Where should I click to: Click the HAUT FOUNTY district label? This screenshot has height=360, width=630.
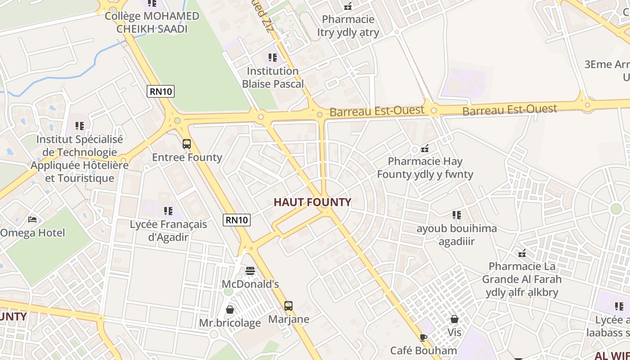pyautogui.click(x=312, y=202)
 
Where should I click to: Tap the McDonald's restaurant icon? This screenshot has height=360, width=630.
pyautogui.click(x=250, y=271)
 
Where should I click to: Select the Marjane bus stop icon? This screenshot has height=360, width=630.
pyautogui.click(x=288, y=306)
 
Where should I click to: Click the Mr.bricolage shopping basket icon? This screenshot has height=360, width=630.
pyautogui.click(x=230, y=310)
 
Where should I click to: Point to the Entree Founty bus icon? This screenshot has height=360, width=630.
pyautogui.click(x=187, y=144)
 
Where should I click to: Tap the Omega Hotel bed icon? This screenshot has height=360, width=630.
pyautogui.click(x=32, y=220)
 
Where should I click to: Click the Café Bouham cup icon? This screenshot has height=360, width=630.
pyautogui.click(x=423, y=337)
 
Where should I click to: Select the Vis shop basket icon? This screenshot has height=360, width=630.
pyautogui.click(x=454, y=319)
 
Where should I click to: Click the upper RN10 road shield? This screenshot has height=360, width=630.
pyautogui.click(x=161, y=92)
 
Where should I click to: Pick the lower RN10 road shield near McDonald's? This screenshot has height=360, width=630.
pyautogui.click(x=237, y=220)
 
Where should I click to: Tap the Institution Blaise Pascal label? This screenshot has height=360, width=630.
pyautogui.click(x=273, y=77)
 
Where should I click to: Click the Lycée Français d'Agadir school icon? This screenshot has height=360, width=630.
pyautogui.click(x=168, y=211)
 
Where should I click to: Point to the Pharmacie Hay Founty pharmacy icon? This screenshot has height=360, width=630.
pyautogui.click(x=425, y=148)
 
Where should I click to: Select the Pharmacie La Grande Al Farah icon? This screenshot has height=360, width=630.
pyautogui.click(x=522, y=253)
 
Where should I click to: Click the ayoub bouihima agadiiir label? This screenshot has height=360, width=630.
pyautogui.click(x=457, y=235)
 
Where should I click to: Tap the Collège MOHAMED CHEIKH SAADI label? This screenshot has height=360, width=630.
pyautogui.click(x=152, y=22)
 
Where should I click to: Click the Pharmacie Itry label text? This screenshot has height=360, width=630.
pyautogui.click(x=348, y=26)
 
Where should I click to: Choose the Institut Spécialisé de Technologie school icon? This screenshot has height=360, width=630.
pyautogui.click(x=80, y=126)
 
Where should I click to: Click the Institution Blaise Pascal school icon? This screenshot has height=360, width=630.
pyautogui.click(x=273, y=58)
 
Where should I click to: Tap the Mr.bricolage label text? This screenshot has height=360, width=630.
pyautogui.click(x=230, y=323)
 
